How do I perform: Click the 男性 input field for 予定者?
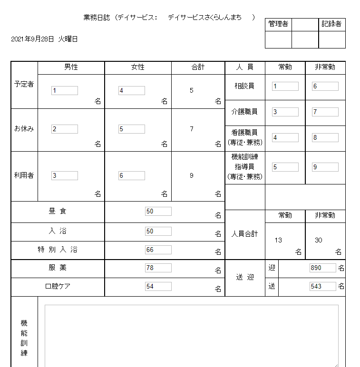(65, 90)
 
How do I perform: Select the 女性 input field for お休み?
(132, 129)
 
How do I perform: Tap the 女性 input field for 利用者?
(132, 175)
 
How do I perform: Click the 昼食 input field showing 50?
(158, 211)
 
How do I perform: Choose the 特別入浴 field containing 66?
(158, 250)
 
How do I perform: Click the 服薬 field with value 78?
(158, 268)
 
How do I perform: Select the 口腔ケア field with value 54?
(158, 286)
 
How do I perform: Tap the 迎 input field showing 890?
(322, 268)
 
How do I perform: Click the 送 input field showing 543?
(322, 286)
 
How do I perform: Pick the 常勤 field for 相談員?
(285, 86)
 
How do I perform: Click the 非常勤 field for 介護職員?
(325, 112)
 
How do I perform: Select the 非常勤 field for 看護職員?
(325, 138)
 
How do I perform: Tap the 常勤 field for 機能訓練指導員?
(285, 167)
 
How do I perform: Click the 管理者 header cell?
(278, 24)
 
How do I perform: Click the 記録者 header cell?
(331, 24)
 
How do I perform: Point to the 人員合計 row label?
(244, 234)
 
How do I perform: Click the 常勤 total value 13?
(278, 240)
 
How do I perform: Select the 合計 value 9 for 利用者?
(192, 175)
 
